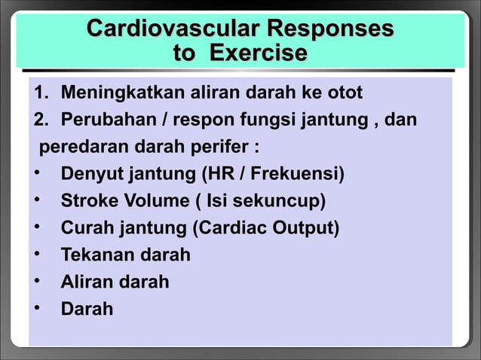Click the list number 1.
[39, 93]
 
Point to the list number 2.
[39, 121]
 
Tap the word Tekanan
[94, 255]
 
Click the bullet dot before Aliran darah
[35, 282]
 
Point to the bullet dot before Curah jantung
[35, 228]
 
